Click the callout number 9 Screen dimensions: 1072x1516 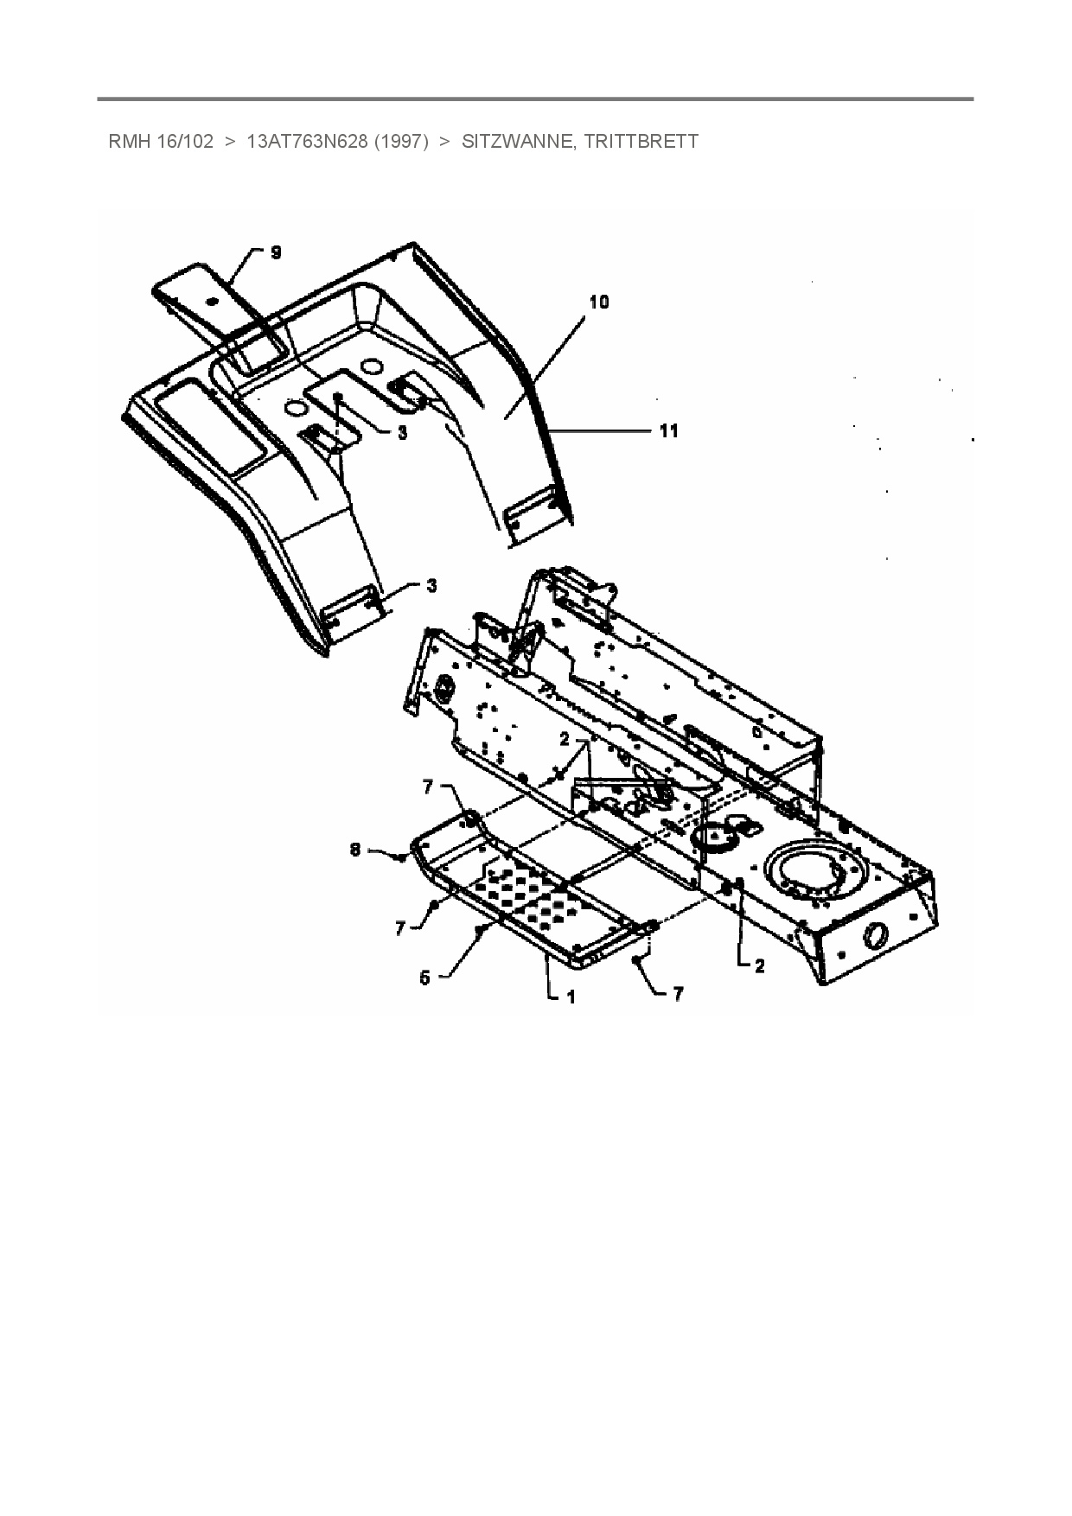276,252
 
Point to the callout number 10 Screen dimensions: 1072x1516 599,302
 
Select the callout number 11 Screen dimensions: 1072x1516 669,430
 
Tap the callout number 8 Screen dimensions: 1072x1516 354,850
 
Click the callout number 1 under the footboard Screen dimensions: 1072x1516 571,997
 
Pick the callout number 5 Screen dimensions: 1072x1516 424,978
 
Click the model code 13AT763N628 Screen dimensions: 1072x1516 308,142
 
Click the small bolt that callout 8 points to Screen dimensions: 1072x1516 402,857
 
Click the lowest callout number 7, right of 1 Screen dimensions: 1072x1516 678,995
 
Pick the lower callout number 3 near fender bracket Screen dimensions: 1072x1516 431,586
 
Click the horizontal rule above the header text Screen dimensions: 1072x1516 535,99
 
